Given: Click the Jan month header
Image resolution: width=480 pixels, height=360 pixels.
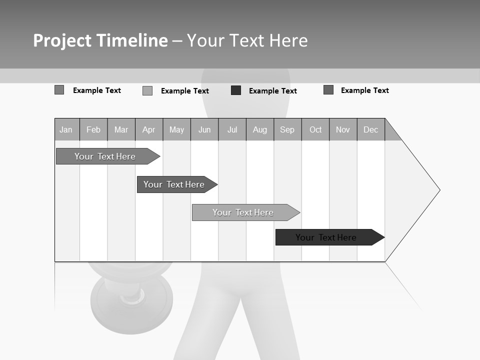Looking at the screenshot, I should [66, 129].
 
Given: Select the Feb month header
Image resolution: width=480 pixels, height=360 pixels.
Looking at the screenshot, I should [93, 129].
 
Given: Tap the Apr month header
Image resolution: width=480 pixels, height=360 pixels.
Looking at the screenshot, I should [148, 129].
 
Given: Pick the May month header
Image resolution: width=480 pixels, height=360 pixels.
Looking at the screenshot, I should [176, 129].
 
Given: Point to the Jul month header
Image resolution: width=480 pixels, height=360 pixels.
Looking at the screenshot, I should [232, 129].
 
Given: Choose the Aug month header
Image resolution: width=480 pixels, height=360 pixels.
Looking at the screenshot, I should [260, 129].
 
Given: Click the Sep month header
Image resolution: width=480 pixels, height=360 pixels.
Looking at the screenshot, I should [287, 129].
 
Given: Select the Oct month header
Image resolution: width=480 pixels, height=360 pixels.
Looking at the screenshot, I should [315, 129].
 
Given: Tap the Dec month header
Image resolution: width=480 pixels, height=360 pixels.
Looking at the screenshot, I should [371, 129].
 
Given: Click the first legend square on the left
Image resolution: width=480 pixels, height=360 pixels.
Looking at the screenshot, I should [59, 90].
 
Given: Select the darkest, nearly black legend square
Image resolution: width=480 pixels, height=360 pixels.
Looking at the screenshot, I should [236, 90].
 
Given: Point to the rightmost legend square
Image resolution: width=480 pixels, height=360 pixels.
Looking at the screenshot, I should [328, 90].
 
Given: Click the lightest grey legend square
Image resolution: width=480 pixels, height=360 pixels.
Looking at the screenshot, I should [147, 90].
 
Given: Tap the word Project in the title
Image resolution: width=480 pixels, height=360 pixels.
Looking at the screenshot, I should [62, 40].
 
